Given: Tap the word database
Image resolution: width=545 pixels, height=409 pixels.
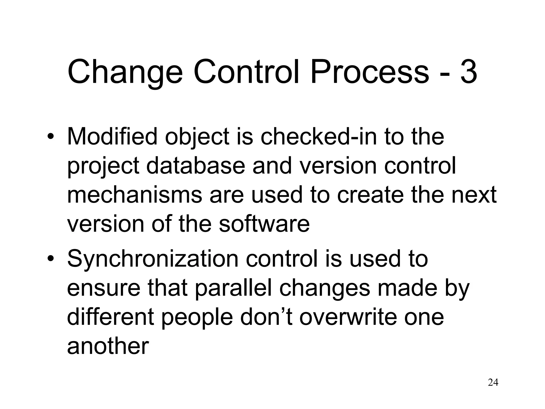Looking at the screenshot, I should click(196, 166).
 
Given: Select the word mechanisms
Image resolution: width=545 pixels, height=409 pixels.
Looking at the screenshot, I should click(135, 195).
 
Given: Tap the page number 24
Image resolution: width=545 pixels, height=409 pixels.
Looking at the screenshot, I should click(493, 383).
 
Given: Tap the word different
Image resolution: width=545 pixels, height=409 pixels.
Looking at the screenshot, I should click(110, 317).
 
